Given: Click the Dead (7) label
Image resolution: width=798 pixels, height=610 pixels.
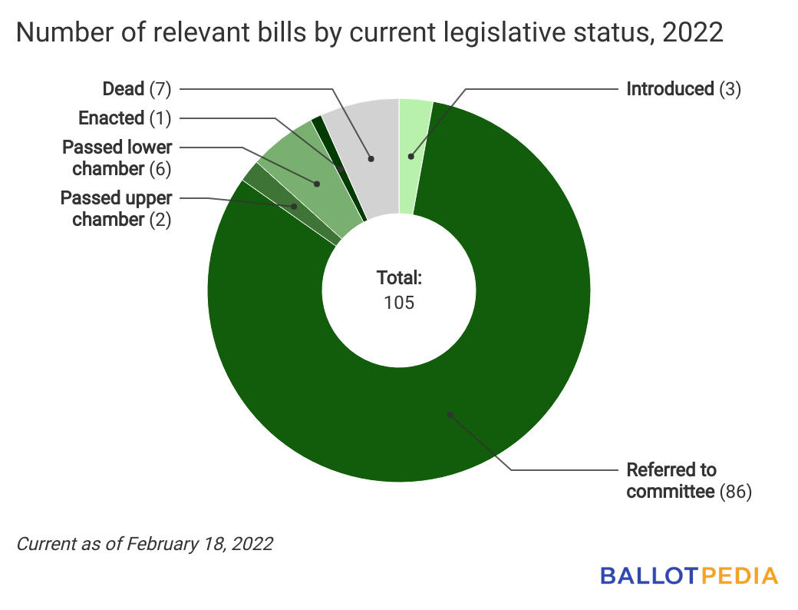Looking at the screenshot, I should [x=137, y=89].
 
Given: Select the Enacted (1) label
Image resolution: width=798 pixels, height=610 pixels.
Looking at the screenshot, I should [x=124, y=118].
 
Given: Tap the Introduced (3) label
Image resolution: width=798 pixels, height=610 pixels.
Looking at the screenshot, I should [x=684, y=89].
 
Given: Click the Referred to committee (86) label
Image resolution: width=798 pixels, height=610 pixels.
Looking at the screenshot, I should [x=688, y=481].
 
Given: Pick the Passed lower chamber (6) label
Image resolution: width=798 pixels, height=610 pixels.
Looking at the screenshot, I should [x=117, y=157].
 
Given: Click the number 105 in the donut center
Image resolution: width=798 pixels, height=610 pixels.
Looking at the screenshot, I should [x=399, y=302].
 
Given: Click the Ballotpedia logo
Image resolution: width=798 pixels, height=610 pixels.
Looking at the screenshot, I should [x=689, y=575].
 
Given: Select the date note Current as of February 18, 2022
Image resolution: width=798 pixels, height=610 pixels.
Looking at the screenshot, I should [x=145, y=544].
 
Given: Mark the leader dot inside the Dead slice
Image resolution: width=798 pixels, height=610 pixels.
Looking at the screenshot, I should [x=371, y=159].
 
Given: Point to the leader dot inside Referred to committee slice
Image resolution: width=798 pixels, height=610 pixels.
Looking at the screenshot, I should [x=450, y=415].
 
